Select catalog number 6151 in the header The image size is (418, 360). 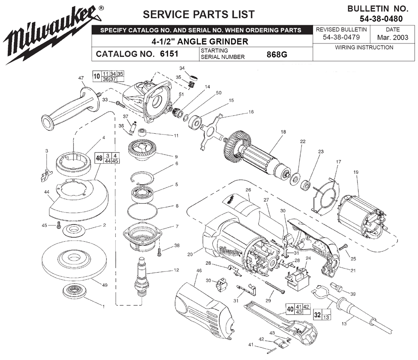tap(166, 54)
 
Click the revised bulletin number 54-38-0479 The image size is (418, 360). tap(341, 38)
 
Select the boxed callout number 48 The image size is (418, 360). tap(99, 158)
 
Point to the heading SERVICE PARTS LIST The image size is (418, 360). tap(199, 14)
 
